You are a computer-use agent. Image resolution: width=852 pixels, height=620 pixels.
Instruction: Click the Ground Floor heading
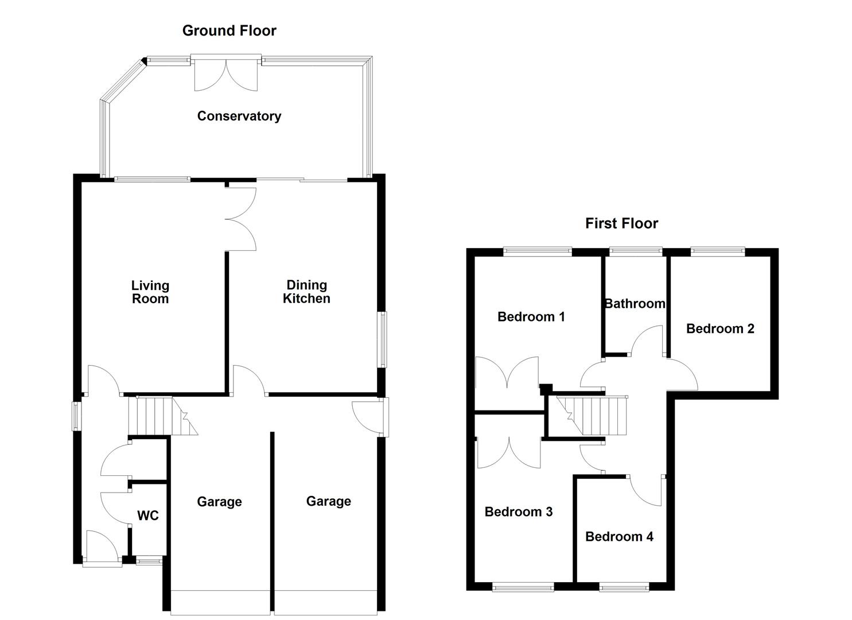pyautogui.click(x=229, y=31)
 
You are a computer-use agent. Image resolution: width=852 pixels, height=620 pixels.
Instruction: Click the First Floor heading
pyautogui.click(x=621, y=223)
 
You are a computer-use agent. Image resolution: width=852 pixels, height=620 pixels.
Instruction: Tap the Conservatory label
pyautogui.click(x=239, y=116)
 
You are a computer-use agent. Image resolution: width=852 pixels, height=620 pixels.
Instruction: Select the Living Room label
pyautogui.click(x=150, y=292)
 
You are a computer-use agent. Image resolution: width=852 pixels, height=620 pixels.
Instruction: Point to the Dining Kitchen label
pyautogui.click(x=306, y=292)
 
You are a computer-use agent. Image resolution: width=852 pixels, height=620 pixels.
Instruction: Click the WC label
pyautogui.click(x=148, y=516)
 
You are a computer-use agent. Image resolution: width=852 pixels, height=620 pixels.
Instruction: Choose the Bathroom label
pyautogui.click(x=635, y=304)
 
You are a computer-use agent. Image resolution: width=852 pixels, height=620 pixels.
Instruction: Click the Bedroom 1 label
pyautogui.click(x=531, y=317)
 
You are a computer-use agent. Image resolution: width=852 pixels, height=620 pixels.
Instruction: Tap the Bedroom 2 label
pyautogui.click(x=720, y=328)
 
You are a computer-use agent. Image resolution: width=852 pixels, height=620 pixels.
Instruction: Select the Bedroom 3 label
pyautogui.click(x=519, y=512)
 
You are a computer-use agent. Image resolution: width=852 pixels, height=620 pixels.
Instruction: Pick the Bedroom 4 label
pyautogui.click(x=619, y=537)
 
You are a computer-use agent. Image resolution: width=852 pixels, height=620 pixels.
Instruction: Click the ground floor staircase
pyautogui.click(x=163, y=416)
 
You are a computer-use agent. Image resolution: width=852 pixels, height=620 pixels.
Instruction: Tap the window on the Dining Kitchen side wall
pyautogui.click(x=383, y=340)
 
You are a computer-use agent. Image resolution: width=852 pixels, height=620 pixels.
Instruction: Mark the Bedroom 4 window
pyautogui.click(x=624, y=588)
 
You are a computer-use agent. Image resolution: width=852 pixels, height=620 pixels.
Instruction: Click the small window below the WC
pyautogui.click(x=149, y=560)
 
